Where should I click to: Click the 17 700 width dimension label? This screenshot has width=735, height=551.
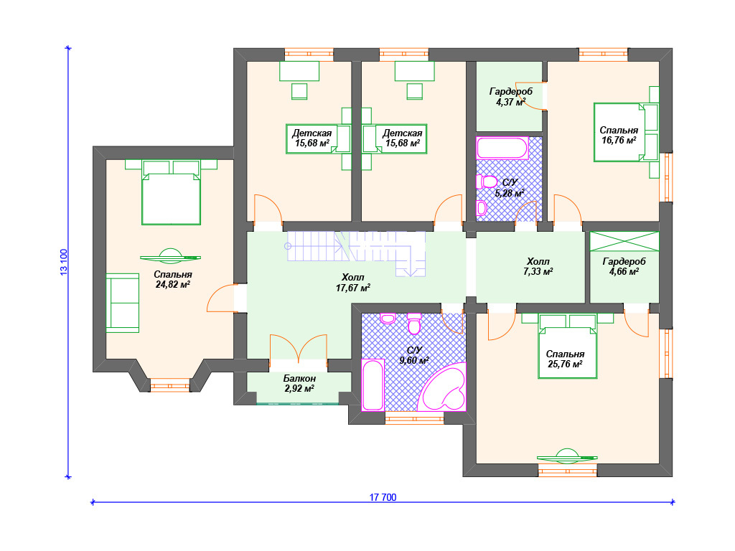[383, 497]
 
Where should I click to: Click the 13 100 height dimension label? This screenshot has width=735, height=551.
[64, 262]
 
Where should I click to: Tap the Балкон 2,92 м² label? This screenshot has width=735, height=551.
[299, 383]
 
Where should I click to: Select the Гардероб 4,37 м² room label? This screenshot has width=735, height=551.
[510, 97]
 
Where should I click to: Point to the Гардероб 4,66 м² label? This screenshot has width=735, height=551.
[624, 267]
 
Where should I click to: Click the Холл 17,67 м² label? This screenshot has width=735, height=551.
[352, 283]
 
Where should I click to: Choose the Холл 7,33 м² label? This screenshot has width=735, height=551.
[538, 266]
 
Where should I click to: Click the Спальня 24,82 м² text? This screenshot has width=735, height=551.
[172, 279]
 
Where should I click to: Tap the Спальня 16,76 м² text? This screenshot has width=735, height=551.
[619, 136]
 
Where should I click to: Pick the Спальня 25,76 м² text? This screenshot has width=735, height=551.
[565, 359]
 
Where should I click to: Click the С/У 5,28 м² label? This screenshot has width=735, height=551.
[510, 188]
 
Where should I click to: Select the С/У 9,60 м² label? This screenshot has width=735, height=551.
[414, 356]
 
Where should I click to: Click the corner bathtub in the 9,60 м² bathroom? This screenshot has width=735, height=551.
[442, 387]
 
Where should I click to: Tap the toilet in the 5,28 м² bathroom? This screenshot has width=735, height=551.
[487, 182]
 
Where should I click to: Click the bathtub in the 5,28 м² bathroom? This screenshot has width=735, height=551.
[502, 148]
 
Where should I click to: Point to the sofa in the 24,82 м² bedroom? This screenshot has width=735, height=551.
[122, 303]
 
